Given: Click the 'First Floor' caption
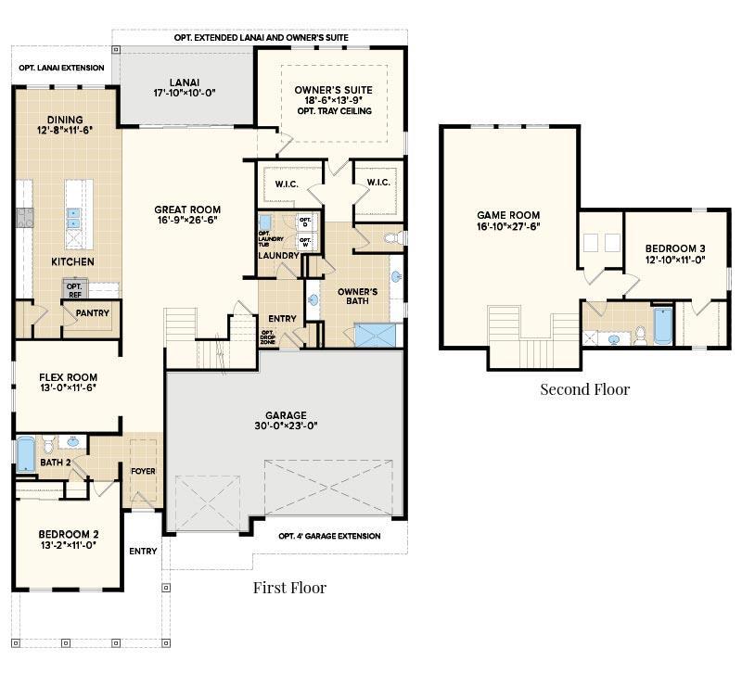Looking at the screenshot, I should pos(289,587).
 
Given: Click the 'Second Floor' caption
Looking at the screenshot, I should pos(584,388).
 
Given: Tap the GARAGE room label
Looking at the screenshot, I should pos(285,415).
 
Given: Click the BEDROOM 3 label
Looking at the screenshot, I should pos(676,248).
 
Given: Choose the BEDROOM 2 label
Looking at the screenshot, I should pos(69,534).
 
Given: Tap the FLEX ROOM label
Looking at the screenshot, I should pos(69,377).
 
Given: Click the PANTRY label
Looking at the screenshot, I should pos(93,313).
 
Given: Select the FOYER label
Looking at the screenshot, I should pos(143,471).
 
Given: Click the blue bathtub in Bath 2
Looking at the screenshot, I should pos(26,454).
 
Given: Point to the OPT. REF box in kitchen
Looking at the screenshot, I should pos(74,288).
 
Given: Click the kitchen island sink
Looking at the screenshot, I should pos(73,218).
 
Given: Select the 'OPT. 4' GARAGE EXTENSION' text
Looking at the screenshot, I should pos(329,536).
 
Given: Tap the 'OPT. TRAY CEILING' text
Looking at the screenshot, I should pos(334,111).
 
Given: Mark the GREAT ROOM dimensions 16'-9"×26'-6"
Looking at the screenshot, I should pos(187,222).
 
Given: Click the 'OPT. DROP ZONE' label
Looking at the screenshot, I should pos(267,336).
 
